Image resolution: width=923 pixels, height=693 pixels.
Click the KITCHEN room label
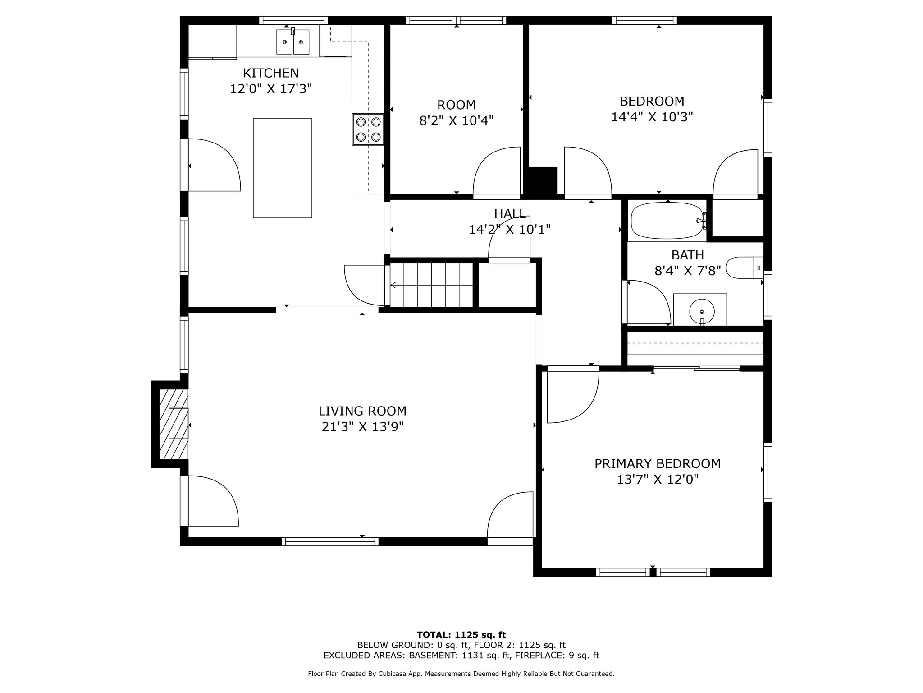tap(271, 73)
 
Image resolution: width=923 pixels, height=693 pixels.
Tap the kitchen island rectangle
tap(283, 168)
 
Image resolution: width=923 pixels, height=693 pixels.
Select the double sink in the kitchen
tap(293, 42)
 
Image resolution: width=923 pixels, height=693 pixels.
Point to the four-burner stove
tap(368, 129)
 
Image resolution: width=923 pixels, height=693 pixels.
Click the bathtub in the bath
tap(668, 221)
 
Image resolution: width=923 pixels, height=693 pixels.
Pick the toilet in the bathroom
tap(745, 268)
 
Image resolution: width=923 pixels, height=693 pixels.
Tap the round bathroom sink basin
tap(702, 311)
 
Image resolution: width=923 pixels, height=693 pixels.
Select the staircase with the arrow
tap(431, 285)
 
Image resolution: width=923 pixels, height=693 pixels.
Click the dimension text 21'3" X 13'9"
tap(362, 427)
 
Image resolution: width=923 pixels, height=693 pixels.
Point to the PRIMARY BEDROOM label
tap(658, 464)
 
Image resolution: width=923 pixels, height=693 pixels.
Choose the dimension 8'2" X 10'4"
tap(457, 121)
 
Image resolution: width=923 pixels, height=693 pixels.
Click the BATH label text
tap(688, 255)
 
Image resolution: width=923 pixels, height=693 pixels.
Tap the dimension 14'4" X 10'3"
tap(652, 117)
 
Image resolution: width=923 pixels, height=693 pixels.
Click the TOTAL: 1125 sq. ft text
tap(461, 635)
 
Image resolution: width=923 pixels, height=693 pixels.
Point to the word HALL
tap(510, 213)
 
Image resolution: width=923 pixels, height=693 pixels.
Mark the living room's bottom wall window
tap(330, 542)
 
